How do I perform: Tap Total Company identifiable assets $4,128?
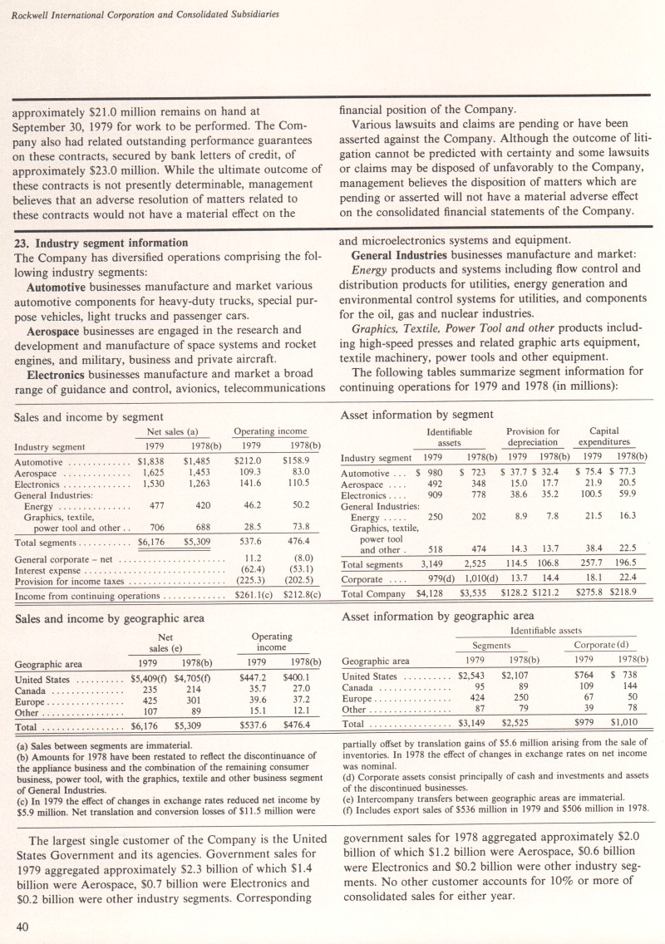point(426,592)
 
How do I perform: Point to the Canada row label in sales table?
point(32,688)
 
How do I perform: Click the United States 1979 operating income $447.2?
point(252,677)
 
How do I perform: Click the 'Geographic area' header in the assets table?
point(376,661)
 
